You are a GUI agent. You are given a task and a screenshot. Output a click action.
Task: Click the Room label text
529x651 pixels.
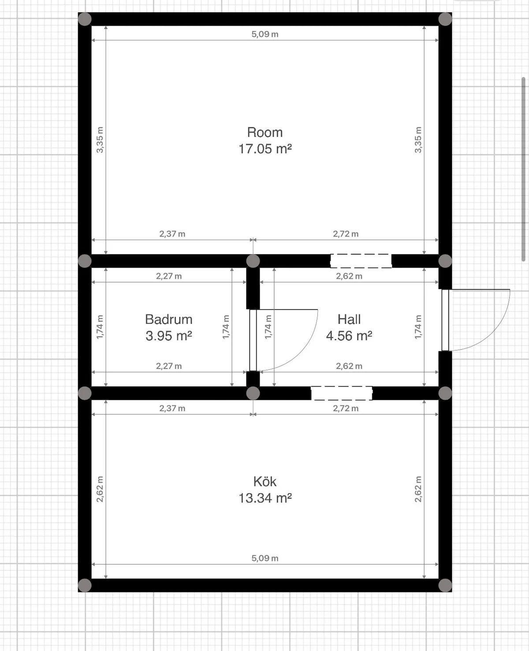pos(264,132)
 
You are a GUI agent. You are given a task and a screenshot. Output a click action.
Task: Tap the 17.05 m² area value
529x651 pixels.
pos(264,149)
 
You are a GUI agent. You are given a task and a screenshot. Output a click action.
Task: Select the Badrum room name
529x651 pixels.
pos(169,320)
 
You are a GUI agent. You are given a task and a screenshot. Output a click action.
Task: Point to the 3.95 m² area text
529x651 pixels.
pos(169,336)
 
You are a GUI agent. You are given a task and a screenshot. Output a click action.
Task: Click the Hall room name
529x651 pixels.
pos(349,320)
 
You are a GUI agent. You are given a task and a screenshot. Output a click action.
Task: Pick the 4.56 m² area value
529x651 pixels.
pos(349,336)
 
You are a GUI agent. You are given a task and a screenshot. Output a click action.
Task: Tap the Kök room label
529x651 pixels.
pos(264,482)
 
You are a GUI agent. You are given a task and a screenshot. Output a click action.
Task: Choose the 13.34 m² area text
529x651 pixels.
pos(264,498)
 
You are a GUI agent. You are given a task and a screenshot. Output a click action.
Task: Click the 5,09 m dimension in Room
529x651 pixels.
pos(264,34)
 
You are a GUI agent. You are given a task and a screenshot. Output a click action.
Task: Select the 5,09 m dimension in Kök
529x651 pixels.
pos(264,558)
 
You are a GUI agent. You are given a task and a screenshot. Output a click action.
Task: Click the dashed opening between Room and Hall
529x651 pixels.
pos(361,261)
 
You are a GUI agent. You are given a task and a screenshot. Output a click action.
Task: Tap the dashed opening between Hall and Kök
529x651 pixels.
pos(342,393)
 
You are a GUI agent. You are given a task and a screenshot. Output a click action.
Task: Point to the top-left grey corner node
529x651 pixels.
pos(85,19)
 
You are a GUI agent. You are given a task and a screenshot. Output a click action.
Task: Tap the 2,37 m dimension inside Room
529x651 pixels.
pos(172,234)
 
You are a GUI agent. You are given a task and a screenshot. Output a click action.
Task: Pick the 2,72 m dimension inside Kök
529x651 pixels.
pos(346,409)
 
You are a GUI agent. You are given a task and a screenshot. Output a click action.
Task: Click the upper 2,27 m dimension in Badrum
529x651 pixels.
pos(169,276)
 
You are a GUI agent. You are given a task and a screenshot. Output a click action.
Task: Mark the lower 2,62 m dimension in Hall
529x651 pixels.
pos(349,366)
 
